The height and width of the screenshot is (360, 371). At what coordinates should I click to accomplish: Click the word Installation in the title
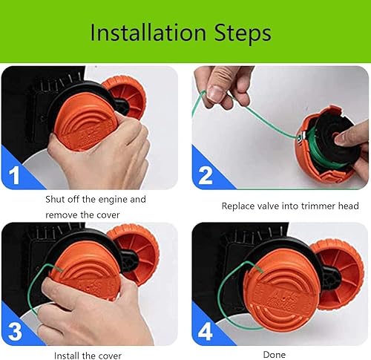click(148, 33)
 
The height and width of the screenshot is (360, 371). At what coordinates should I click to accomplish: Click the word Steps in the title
click(243, 34)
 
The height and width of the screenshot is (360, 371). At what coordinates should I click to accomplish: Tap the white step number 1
click(14, 175)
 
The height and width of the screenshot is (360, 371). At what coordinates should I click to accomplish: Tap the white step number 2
click(206, 175)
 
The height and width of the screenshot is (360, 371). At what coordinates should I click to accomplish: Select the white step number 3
click(15, 331)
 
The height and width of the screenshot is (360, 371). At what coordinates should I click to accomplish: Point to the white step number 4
click(206, 332)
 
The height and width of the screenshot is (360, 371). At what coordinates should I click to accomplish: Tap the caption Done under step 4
click(275, 355)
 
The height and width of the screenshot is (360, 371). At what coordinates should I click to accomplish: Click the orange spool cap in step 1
click(85, 122)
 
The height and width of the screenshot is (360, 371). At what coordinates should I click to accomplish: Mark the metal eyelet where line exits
click(301, 137)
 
